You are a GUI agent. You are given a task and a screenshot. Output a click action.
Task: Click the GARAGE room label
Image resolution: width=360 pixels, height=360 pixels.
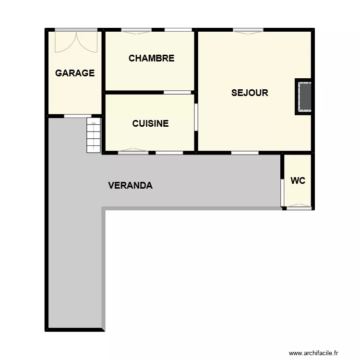point(75,73)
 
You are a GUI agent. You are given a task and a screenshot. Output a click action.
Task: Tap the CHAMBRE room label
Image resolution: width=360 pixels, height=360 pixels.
point(151,59)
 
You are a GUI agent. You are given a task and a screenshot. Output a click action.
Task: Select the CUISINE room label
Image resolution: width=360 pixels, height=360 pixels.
point(150,123)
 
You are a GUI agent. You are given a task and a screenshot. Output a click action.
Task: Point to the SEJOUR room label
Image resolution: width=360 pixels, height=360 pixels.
point(250,93)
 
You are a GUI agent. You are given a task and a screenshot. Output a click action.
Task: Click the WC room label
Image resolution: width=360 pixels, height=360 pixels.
point(298,181)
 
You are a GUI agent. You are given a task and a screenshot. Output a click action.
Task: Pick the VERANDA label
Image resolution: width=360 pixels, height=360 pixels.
point(131,185)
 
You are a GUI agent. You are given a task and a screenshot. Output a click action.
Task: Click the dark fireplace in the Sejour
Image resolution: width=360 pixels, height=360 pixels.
point(304,96)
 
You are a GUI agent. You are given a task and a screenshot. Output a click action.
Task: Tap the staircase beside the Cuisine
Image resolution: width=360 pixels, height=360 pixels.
point(93,136)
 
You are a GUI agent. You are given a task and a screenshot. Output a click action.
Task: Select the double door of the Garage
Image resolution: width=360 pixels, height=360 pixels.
point(75,40)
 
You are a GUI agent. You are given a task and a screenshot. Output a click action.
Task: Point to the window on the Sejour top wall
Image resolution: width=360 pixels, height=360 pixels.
point(248,31)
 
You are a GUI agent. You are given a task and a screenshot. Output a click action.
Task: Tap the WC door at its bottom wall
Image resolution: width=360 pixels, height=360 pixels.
point(299,207)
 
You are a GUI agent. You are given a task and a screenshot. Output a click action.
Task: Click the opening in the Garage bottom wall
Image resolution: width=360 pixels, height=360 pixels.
point(78,116)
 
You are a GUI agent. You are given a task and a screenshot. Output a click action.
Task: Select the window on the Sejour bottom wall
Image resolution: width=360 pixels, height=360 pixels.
point(245,153)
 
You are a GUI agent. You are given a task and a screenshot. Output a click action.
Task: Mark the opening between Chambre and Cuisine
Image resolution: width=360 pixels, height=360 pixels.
point(177,92)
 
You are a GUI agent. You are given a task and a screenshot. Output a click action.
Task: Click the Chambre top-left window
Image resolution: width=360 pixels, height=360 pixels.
point(136,30)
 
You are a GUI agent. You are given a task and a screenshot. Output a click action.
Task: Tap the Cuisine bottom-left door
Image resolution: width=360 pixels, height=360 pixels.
point(133,152)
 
